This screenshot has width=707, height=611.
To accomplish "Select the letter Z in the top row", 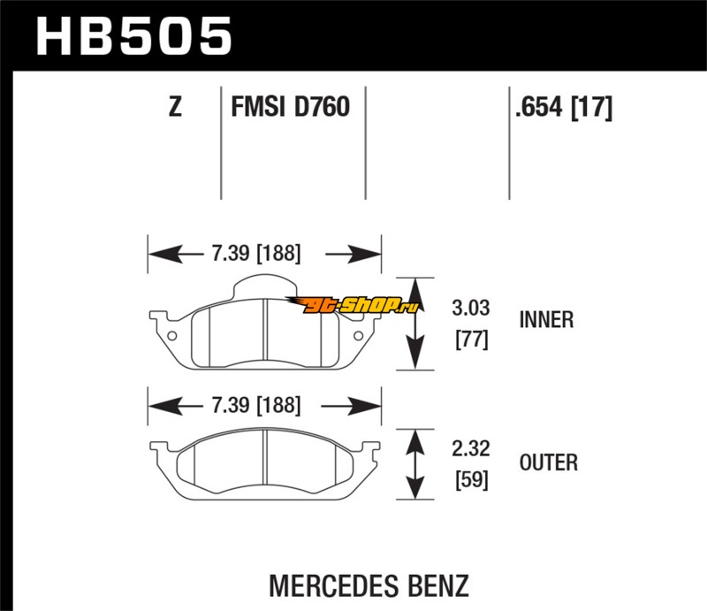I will tap(175, 108).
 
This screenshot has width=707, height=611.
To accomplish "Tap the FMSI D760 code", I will tap(290, 108).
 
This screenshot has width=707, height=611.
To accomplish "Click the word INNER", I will tap(547, 319).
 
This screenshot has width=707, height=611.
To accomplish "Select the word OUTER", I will tap(549, 462).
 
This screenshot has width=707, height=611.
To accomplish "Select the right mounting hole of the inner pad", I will tap(357, 334).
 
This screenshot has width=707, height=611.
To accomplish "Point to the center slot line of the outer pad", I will tap(266, 461).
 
